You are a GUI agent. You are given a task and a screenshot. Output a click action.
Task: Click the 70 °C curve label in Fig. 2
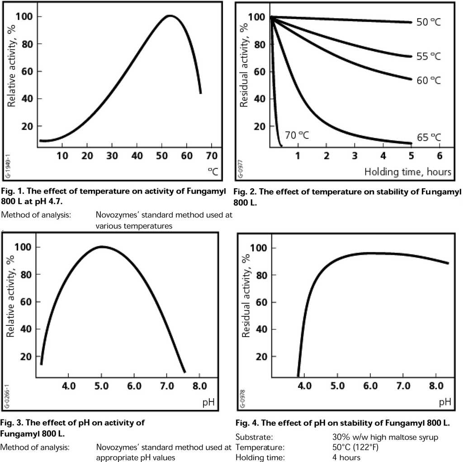pyautogui.click(x=297, y=135)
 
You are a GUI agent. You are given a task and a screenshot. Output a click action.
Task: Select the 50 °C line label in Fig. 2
pyautogui.click(x=428, y=22)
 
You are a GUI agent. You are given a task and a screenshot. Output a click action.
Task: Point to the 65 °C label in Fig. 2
pyautogui.click(x=428, y=137)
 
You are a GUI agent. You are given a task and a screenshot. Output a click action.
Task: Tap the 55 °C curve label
pyautogui.click(x=428, y=56)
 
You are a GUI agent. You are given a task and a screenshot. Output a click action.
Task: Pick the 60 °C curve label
pyautogui.click(x=428, y=80)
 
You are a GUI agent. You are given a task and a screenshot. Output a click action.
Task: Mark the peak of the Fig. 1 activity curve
pyautogui.click(x=170, y=16)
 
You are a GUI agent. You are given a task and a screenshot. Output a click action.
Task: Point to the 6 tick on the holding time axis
pyautogui.click(x=439, y=156)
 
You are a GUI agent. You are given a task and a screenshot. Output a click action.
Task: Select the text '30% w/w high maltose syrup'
pyautogui.click(x=384, y=438)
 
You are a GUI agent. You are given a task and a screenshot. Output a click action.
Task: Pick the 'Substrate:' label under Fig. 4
pyautogui.click(x=254, y=438)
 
